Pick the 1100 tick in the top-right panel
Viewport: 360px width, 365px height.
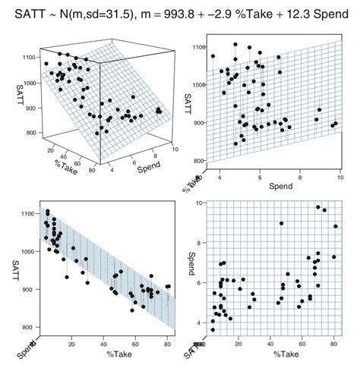[x=195, y=47]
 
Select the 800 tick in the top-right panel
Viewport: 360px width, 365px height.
[x=195, y=161]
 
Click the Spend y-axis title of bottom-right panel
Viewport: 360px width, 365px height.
[x=192, y=263]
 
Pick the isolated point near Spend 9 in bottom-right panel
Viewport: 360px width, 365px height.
[x=281, y=224]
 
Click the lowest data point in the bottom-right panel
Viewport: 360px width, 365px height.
[x=213, y=330]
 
